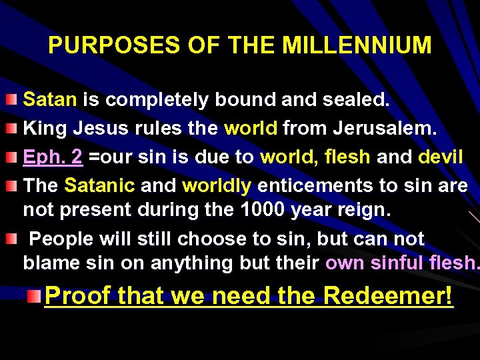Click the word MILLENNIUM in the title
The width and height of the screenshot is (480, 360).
coord(357,45)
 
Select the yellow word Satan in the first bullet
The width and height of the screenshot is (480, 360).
coord(50,100)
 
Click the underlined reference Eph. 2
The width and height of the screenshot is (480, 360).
coord(53,157)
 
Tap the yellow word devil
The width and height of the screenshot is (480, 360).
coord(440,157)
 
